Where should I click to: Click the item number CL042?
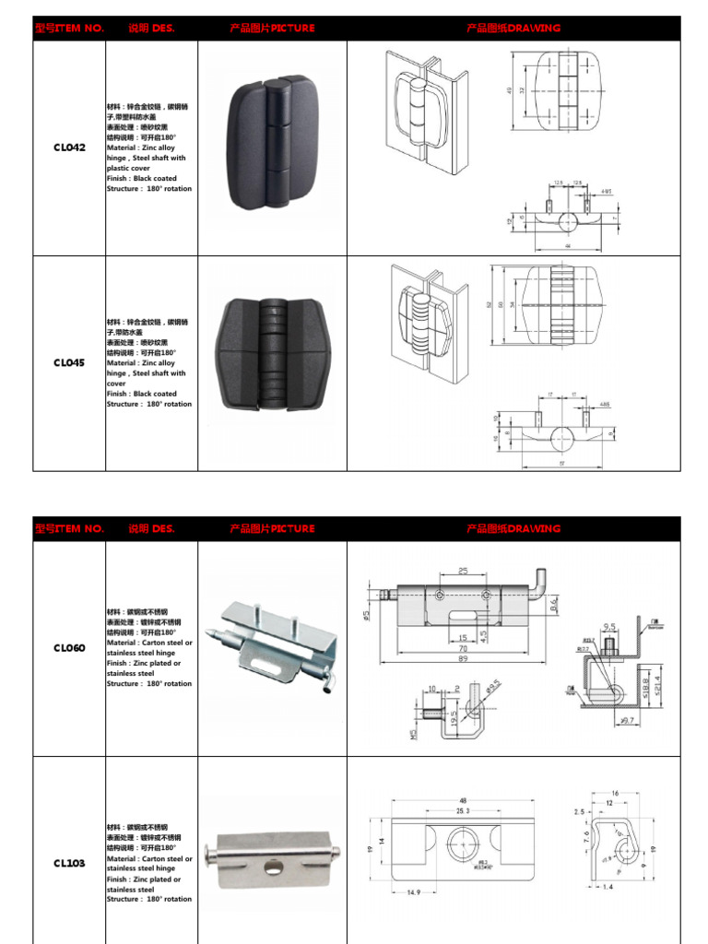tap(69, 147)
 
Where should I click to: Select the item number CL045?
tap(69, 363)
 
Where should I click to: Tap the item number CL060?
tap(69, 648)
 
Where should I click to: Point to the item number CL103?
tap(69, 864)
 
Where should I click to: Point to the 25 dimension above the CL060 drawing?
tap(463, 572)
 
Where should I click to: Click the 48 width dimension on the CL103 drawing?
tap(461, 801)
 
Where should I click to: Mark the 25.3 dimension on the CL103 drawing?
tap(461, 811)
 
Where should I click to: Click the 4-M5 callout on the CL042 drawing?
tap(605, 192)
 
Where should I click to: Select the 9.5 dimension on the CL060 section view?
tap(609, 626)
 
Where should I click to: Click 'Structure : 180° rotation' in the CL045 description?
tap(149, 404)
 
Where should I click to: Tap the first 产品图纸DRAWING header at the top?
tap(513, 29)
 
